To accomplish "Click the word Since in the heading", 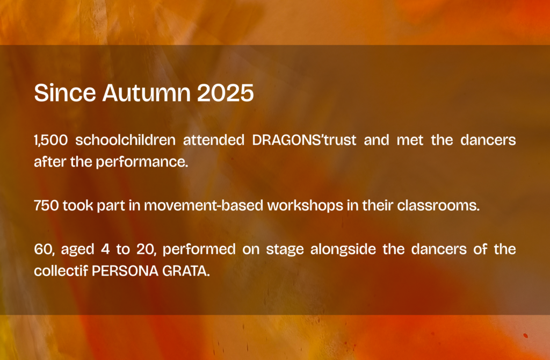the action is (65, 92).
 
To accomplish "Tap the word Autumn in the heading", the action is (147, 92).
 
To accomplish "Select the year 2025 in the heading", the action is (225, 92).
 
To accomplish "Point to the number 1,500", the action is (51, 140).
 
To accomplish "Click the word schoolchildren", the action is (126, 140).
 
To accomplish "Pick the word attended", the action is (214, 140).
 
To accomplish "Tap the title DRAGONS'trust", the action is (304, 140).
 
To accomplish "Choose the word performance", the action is (142, 162).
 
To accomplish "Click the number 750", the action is (46, 206).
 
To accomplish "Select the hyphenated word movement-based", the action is (204, 205).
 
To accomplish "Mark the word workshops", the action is (305, 206).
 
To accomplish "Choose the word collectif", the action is (61, 271).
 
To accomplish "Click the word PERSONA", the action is (125, 271).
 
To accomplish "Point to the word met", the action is (410, 140).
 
